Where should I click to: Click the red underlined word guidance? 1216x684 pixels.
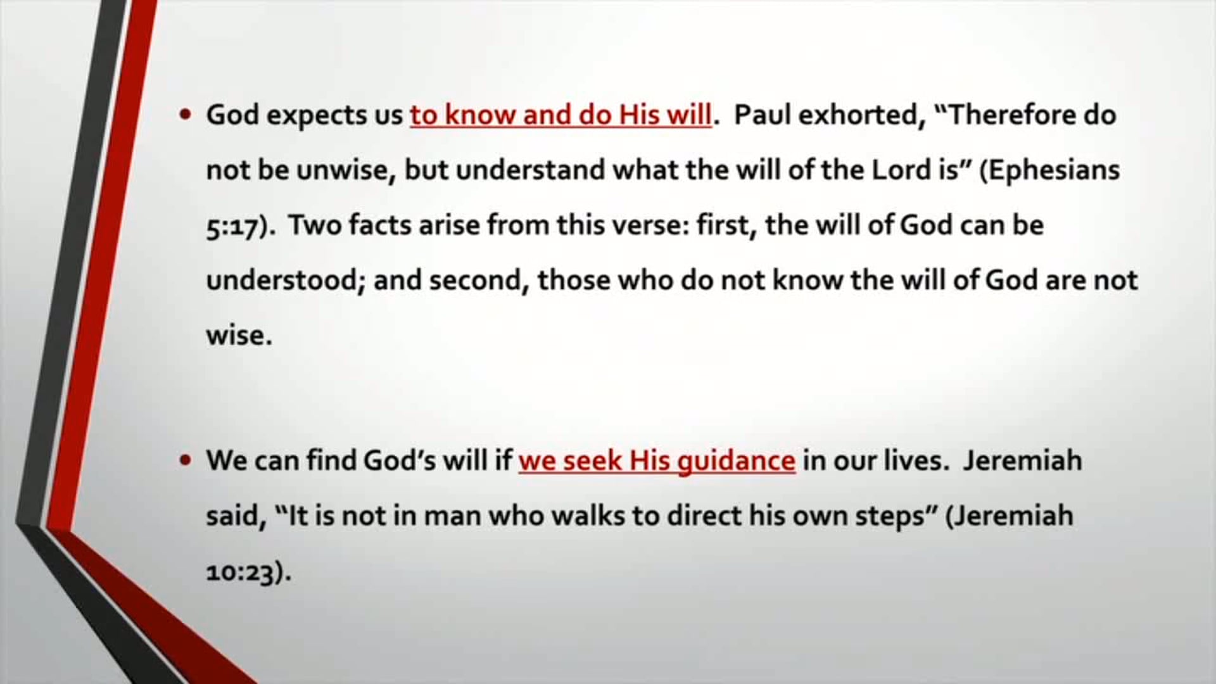736,461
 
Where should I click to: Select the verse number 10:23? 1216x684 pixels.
244,573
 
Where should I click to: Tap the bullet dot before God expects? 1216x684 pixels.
185,115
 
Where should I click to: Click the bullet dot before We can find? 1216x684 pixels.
185,461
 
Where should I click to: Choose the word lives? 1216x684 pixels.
919,461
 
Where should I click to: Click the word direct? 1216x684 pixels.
704,516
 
